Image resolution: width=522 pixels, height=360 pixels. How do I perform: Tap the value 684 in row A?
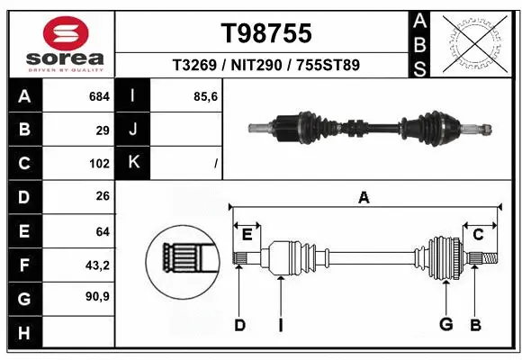point(98,94)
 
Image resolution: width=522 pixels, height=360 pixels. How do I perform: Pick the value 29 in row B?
point(103,130)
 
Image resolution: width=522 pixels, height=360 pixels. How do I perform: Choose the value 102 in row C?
point(99,164)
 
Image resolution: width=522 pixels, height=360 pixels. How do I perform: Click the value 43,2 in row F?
point(96,265)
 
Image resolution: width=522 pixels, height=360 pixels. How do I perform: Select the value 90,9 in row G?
point(96,298)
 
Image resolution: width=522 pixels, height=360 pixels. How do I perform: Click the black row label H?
point(24,333)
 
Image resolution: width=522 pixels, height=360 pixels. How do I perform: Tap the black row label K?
point(134,163)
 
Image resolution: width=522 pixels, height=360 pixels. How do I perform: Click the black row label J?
point(134,130)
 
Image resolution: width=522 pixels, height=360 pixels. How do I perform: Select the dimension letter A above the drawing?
point(364,197)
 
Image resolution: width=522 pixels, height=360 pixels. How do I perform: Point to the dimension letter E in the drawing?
point(247,234)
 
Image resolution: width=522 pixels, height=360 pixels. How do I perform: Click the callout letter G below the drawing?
point(445,325)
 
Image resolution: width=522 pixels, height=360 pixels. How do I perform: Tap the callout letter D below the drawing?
point(240,325)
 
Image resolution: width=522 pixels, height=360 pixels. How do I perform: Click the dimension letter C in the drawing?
point(479,234)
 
